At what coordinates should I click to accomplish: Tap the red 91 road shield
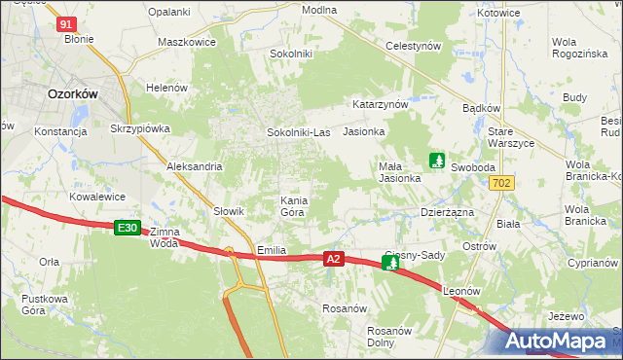tap(66, 23)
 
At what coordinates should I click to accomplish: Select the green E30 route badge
tap(128, 228)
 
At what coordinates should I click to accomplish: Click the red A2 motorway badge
tap(334, 259)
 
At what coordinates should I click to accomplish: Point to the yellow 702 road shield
tap(502, 183)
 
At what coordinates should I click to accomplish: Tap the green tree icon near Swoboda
tap(437, 160)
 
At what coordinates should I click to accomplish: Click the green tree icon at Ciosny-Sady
tap(390, 263)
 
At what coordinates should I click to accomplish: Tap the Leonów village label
tap(462, 292)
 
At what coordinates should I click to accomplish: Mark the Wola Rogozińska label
tap(578, 48)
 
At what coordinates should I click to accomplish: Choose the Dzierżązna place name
tap(446, 211)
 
